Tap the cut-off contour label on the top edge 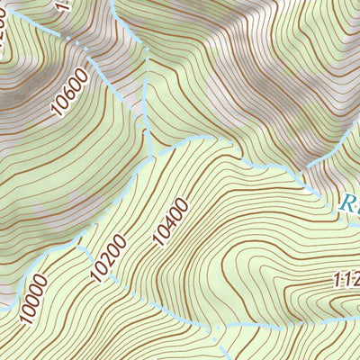tap(61, 4)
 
